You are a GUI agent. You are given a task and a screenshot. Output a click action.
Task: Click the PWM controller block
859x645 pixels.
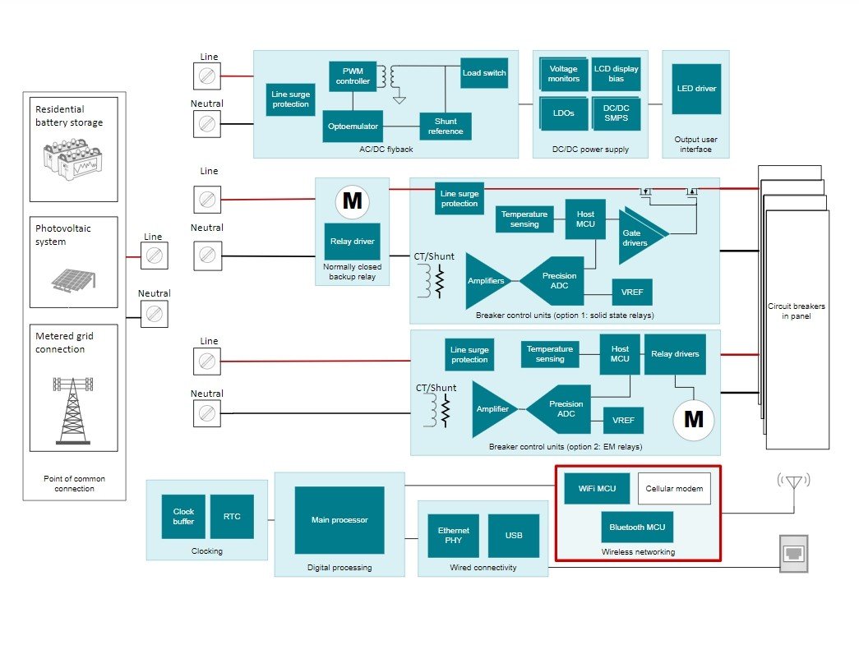[x=353, y=76]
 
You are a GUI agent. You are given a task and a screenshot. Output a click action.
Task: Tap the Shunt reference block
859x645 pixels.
[x=446, y=127]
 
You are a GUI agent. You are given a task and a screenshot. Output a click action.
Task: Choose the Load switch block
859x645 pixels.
[x=483, y=73]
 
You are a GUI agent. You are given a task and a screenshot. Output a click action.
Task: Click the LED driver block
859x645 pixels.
[x=695, y=89]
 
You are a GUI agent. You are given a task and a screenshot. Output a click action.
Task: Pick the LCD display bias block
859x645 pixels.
[x=616, y=74]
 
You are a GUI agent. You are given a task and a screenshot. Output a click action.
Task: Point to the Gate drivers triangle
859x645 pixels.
[x=638, y=237]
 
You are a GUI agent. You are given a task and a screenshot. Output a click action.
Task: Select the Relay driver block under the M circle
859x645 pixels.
[x=352, y=242]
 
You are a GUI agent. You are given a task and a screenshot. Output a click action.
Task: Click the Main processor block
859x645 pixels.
[x=339, y=520]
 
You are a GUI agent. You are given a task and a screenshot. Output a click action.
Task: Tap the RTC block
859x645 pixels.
[x=232, y=517]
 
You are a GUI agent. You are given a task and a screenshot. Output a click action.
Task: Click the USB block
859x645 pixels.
[x=514, y=536]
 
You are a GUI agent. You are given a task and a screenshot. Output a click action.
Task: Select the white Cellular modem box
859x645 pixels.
[x=674, y=489]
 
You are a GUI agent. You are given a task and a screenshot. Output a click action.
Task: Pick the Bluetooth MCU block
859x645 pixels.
[x=637, y=528]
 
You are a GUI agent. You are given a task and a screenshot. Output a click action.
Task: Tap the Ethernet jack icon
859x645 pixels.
[x=793, y=553]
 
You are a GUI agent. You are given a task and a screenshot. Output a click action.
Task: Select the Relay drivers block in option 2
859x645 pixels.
[x=675, y=354]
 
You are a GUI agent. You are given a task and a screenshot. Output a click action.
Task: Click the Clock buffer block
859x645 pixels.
[x=183, y=517]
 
